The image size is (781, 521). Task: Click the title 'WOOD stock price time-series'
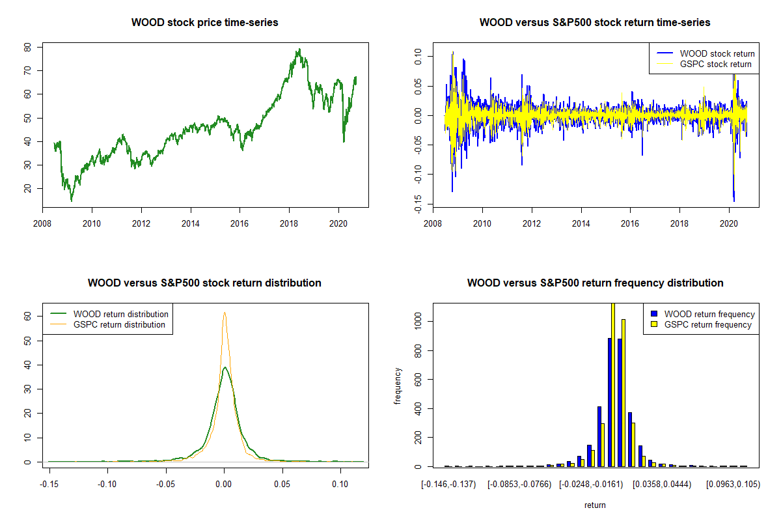point(204,23)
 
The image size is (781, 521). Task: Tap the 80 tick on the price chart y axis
point(28,48)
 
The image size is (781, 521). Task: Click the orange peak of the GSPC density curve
point(225,313)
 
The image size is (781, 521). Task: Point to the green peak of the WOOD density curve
point(225,367)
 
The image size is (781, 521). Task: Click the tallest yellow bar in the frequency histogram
point(612,384)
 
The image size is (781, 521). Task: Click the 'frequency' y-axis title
point(398,386)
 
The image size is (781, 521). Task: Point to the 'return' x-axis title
point(595,505)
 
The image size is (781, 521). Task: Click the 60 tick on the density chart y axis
point(28,315)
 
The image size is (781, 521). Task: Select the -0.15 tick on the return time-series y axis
point(418,204)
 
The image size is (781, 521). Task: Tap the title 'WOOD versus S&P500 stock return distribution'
point(204,283)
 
